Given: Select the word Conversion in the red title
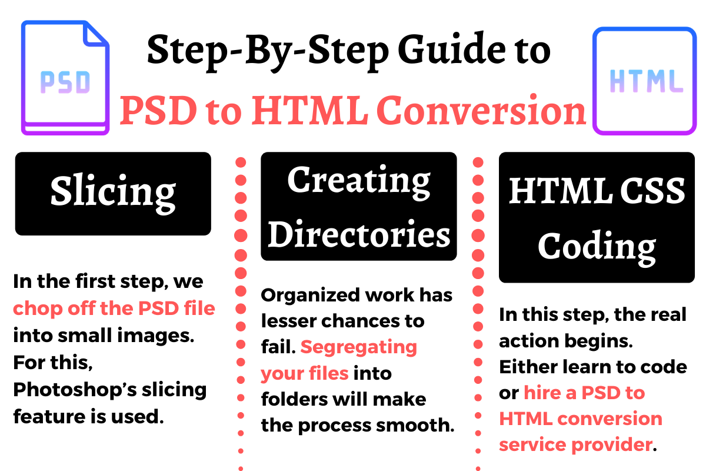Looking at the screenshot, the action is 481,110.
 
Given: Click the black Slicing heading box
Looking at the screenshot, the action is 113,194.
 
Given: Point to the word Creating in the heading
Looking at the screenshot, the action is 359,182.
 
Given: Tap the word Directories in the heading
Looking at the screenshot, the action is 359,234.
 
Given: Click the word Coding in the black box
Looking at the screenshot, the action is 597,247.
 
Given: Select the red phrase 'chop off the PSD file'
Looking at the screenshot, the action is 114,309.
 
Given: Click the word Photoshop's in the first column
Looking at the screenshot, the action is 75,390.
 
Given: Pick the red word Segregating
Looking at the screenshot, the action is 359,347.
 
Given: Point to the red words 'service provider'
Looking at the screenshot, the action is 576,446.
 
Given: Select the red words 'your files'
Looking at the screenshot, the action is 305,374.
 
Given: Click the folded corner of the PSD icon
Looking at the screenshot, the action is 95,34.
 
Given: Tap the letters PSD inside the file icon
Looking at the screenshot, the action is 65,82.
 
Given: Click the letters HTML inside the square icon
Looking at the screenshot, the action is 647,81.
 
